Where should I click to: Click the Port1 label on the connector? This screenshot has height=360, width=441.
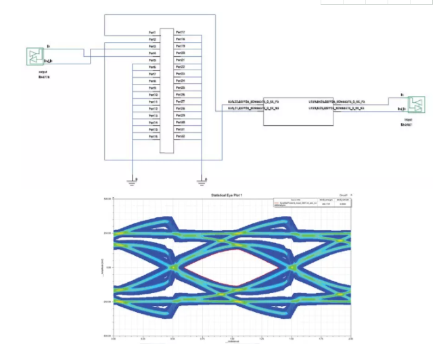tap(152, 32)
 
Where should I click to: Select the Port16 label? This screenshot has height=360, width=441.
tap(152, 137)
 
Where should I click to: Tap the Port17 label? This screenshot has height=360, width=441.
tap(181, 32)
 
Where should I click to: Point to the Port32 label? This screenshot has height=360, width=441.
tap(181, 137)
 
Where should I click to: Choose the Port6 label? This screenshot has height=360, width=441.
tap(152, 67)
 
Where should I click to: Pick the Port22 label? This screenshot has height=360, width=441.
tap(181, 67)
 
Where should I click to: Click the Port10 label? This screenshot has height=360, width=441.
tap(152, 95)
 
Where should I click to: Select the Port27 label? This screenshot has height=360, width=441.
tap(181, 102)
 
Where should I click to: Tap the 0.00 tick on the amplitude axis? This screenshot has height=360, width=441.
tap(108, 268)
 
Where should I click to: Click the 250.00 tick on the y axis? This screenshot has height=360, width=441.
tap(107, 233)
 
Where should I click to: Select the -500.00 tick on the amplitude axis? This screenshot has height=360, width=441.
tap(106, 335)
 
